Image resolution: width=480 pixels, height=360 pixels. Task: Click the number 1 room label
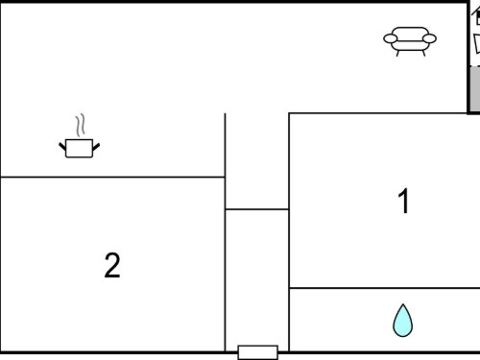(404, 201)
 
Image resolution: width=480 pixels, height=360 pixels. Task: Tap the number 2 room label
(112, 265)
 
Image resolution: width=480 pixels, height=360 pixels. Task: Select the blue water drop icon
(403, 321)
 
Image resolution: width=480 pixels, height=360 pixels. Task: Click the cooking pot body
(79, 148)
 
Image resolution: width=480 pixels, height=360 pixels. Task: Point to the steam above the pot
(81, 125)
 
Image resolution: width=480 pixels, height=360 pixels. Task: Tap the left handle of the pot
(62, 147)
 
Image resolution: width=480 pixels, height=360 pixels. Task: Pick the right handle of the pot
(96, 147)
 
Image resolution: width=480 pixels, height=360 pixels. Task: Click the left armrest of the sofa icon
(391, 38)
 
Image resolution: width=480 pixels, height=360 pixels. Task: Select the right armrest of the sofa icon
(429, 38)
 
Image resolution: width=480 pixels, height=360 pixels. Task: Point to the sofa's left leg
(397, 53)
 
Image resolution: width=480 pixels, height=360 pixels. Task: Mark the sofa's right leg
(423, 53)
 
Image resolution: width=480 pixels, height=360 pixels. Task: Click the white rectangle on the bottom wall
(258, 352)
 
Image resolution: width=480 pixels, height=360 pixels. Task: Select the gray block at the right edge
(475, 88)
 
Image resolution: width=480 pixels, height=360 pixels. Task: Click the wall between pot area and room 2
(112, 177)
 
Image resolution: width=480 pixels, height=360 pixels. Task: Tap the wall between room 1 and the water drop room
(385, 288)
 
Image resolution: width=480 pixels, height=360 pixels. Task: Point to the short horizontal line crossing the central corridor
(257, 209)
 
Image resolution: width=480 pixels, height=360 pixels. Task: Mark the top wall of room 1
(378, 113)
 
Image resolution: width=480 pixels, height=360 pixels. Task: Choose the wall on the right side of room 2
(225, 264)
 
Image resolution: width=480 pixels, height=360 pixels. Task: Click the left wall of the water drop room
(289, 320)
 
